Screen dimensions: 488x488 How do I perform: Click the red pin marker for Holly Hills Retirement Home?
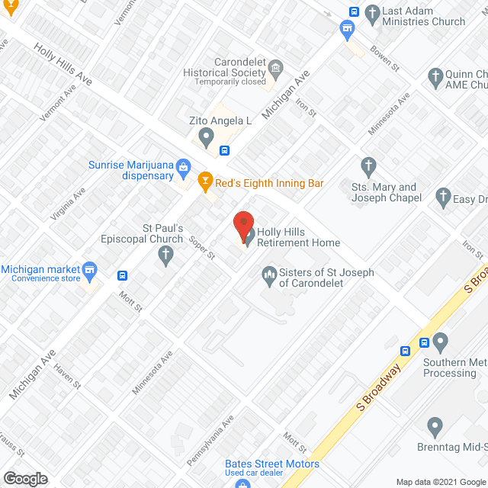[243, 225]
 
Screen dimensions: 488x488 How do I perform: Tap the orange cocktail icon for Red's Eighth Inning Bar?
[204, 181]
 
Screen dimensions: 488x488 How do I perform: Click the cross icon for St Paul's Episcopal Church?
[167, 258]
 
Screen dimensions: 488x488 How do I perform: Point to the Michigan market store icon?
[90, 270]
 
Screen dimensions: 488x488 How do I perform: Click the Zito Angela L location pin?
[205, 137]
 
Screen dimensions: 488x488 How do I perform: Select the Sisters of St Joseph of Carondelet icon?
[268, 274]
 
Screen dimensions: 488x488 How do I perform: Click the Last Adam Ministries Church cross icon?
[372, 13]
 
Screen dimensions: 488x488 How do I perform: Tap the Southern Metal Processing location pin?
[440, 341]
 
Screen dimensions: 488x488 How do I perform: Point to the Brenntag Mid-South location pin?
[435, 425]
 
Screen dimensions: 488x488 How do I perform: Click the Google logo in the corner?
[25, 478]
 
